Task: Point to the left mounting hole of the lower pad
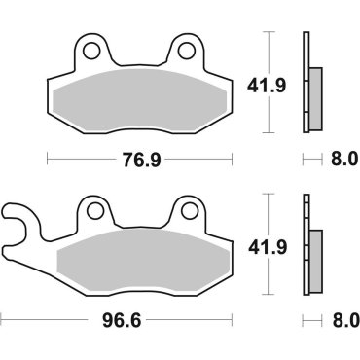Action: pyautogui.click(x=92, y=210)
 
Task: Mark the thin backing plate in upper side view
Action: pyautogui.click(x=306, y=83)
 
